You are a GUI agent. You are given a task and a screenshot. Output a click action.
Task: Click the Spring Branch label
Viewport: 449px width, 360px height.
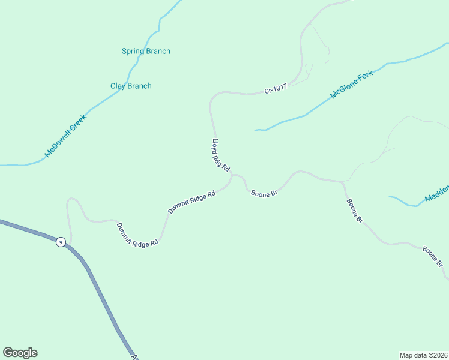pos(146,52)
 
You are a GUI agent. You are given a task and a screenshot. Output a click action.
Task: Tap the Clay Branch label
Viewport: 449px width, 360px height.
pos(131,86)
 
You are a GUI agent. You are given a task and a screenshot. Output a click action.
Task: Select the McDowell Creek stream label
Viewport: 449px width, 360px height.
pos(66,136)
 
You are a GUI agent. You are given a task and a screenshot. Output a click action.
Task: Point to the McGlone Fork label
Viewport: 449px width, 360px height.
pos(352,85)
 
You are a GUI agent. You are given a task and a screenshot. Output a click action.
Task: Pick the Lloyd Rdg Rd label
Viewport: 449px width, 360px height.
pos(221,155)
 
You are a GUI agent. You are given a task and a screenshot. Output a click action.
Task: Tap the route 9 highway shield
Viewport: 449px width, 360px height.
pos(61,242)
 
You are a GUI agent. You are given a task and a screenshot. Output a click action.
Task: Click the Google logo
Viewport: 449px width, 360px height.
pos(20,353)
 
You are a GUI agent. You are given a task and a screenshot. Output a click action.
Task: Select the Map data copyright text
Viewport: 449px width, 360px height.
pos(423,355)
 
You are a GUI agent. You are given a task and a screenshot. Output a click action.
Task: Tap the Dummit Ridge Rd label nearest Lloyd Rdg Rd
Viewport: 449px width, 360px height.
pos(191,203)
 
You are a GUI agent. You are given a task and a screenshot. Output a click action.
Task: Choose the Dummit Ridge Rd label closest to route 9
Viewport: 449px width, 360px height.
pos(137,235)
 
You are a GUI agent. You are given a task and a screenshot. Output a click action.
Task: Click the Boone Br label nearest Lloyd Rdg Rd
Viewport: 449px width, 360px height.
pos(264,194)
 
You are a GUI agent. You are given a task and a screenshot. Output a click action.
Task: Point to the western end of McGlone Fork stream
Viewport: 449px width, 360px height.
pos(256,130)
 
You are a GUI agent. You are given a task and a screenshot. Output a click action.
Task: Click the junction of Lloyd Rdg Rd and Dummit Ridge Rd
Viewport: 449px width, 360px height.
pos(232,175)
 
